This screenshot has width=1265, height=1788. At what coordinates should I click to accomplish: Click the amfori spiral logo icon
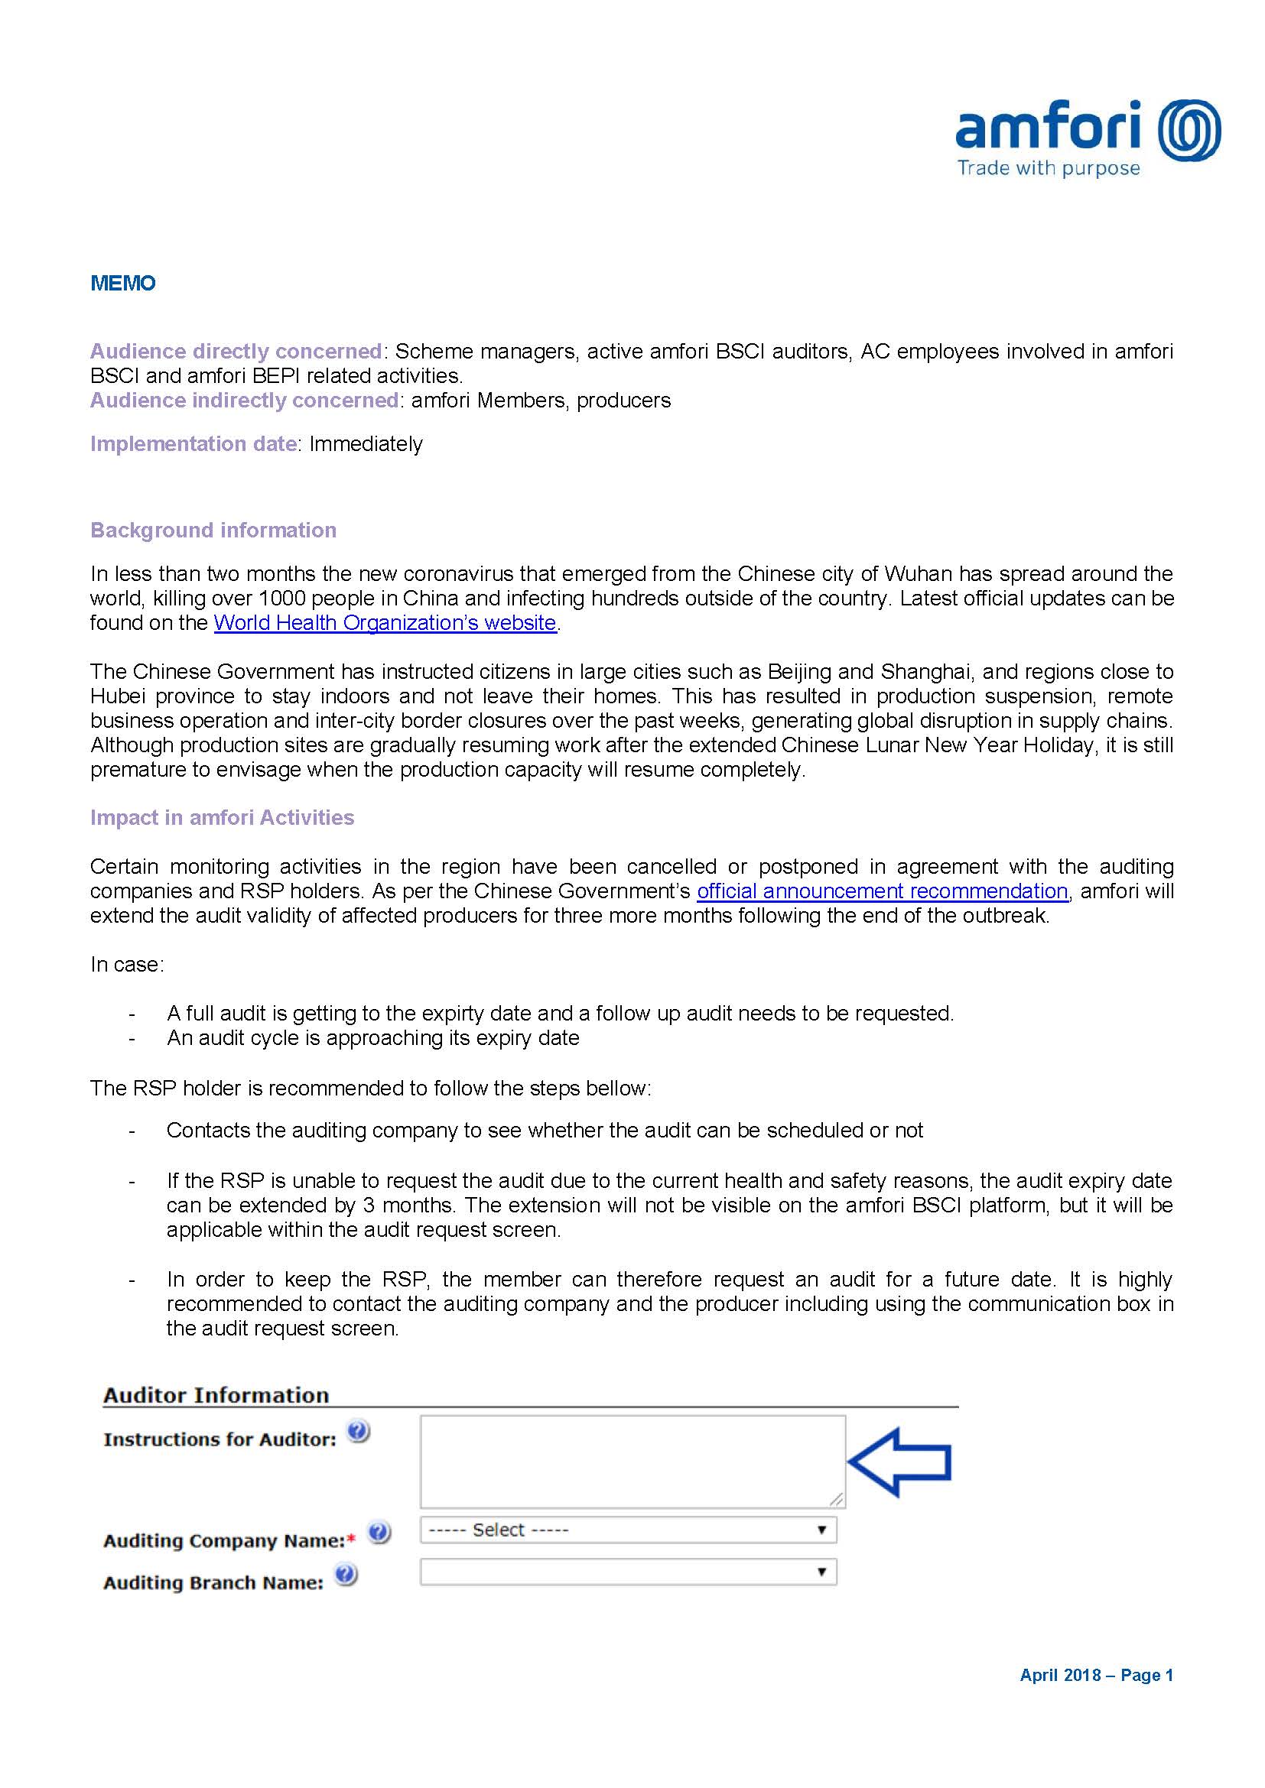click(x=1189, y=131)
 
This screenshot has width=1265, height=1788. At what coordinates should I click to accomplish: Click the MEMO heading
click(x=123, y=283)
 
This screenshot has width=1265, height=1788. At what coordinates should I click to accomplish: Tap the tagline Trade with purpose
click(x=1048, y=168)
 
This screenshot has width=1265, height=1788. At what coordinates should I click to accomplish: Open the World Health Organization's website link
click(x=385, y=623)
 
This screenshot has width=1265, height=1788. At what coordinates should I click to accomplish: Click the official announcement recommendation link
click(x=882, y=891)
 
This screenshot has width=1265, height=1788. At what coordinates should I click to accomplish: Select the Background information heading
click(x=213, y=531)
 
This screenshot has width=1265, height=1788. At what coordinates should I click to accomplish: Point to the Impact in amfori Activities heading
click(x=222, y=818)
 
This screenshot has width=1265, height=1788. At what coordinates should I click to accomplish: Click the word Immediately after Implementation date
click(x=366, y=444)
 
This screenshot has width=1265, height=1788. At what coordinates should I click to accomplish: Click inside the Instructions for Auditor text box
click(x=632, y=1462)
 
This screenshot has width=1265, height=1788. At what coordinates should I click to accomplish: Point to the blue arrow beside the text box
click(x=899, y=1462)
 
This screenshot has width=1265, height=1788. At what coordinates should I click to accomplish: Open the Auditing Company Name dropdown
click(x=628, y=1530)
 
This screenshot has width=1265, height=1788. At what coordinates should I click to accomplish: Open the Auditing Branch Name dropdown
click(x=628, y=1572)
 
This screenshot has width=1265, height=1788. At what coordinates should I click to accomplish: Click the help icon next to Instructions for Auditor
click(x=358, y=1431)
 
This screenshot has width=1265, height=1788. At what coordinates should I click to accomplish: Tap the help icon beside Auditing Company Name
click(x=379, y=1532)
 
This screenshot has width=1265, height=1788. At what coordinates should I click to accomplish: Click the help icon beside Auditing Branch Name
click(x=346, y=1574)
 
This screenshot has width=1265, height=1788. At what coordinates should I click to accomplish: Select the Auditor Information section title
click(x=216, y=1395)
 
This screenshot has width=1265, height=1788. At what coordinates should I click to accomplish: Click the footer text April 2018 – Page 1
click(x=1096, y=1676)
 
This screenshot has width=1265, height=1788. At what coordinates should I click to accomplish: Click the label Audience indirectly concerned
click(x=245, y=401)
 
